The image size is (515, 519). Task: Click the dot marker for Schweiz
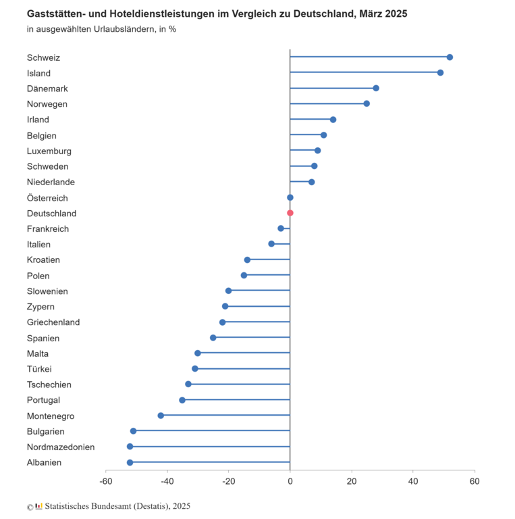pyautogui.click(x=450, y=57)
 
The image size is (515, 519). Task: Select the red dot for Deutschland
pyautogui.click(x=290, y=213)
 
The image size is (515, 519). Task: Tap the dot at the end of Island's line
pyautogui.click(x=440, y=73)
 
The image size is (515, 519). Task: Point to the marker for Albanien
pyautogui.click(x=130, y=462)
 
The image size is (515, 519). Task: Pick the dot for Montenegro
pyautogui.click(x=161, y=416)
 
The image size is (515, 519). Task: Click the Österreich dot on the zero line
pyautogui.click(x=290, y=197)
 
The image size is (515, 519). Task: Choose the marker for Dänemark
pyautogui.click(x=376, y=89)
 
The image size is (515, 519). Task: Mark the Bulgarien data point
pyautogui.click(x=133, y=431)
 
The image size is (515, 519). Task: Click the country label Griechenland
pyautogui.click(x=53, y=322)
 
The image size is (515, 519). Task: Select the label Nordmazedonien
pyautogui.click(x=61, y=447)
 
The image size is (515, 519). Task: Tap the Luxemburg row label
pyautogui.click(x=49, y=151)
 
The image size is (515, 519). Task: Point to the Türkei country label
pyautogui.click(x=39, y=369)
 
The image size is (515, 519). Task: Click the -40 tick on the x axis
pyautogui.click(x=167, y=482)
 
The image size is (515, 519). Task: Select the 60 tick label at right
pyautogui.click(x=475, y=482)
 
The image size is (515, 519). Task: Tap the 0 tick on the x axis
pyautogui.click(x=290, y=482)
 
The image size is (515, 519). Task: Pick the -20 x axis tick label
pyautogui.click(x=228, y=482)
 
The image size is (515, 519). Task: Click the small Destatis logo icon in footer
pyautogui.click(x=38, y=506)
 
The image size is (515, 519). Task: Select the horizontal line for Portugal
pyautogui.click(x=236, y=400)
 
